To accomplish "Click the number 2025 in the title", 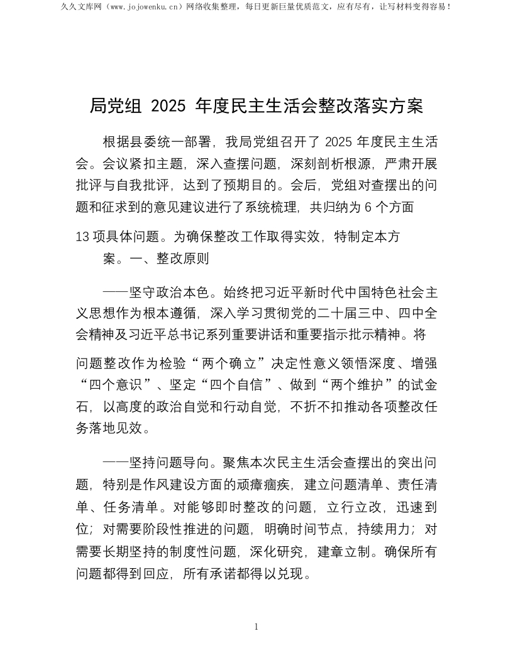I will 169,106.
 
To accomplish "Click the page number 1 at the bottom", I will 256,627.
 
